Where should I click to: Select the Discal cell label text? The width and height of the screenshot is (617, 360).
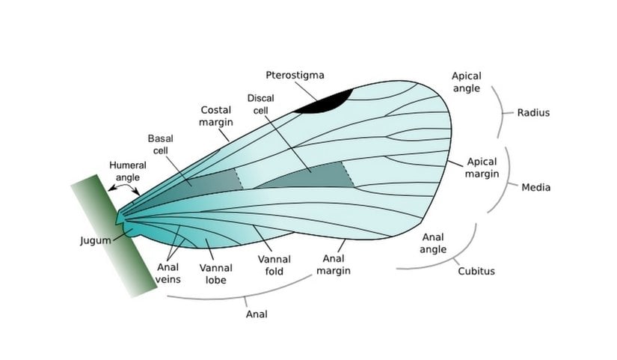pos(262,104)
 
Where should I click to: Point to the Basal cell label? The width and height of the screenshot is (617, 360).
pos(160,144)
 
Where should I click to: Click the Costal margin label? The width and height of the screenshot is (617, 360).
pos(216,116)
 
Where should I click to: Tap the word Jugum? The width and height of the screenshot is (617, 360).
pos(95,240)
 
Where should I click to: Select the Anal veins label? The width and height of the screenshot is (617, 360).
pos(168,273)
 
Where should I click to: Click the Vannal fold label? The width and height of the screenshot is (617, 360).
pos(274,265)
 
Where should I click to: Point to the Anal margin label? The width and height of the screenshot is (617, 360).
pos(334,265)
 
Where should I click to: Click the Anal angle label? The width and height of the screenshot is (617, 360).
pos(433,243)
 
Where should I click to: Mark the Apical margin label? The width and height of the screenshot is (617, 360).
pos(482,168)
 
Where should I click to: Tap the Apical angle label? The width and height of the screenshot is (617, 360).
pos(467,82)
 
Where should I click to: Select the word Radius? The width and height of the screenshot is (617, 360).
pos(533,113)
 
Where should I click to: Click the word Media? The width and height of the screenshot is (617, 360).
pos(535,187)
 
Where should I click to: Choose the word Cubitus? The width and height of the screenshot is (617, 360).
pos(476,271)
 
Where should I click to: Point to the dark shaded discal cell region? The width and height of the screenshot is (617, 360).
pos(307,178)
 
